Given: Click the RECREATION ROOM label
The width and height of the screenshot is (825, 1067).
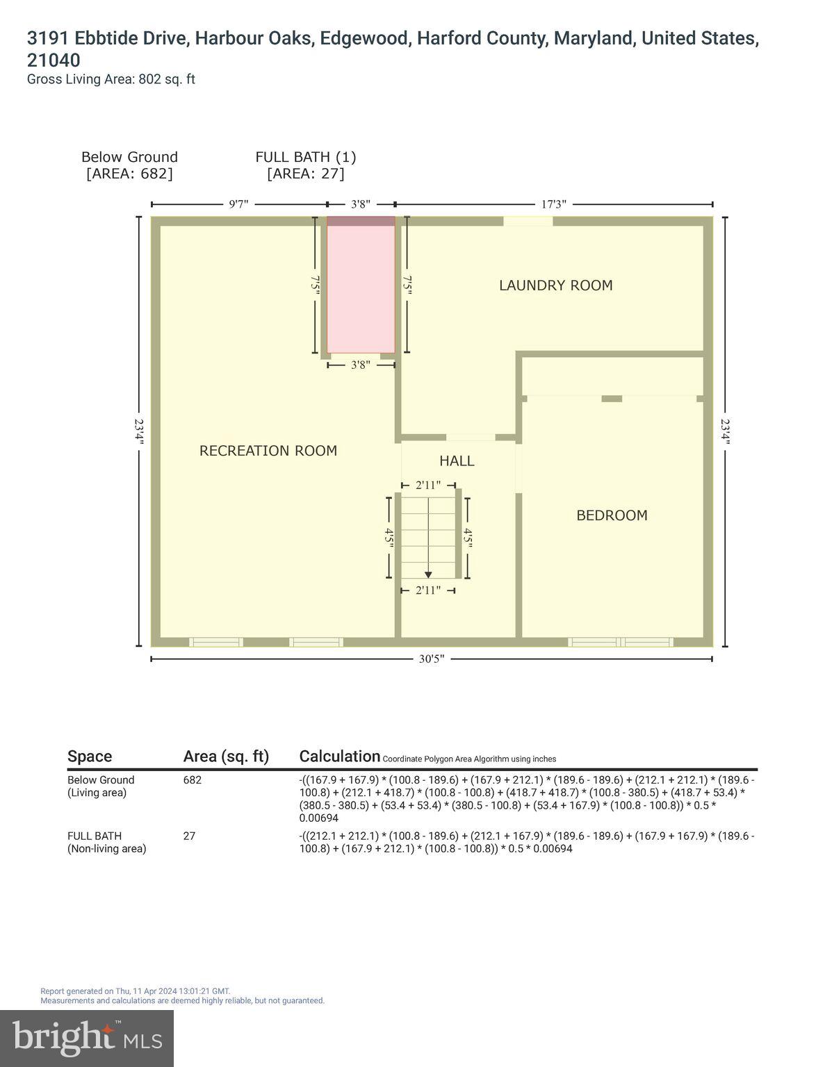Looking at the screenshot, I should pyautogui.click(x=268, y=451).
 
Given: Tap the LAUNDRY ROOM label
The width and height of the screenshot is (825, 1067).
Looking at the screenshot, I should pyautogui.click(x=555, y=286).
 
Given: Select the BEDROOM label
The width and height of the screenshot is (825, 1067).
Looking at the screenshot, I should pyautogui.click(x=612, y=515).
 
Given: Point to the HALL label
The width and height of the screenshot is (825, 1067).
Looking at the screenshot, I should pyautogui.click(x=457, y=461).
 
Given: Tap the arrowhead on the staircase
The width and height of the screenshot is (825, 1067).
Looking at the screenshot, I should pyautogui.click(x=428, y=574).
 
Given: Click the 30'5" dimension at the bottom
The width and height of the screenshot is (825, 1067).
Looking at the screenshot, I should pyautogui.click(x=431, y=659).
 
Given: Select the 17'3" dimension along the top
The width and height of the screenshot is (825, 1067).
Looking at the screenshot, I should pyautogui.click(x=553, y=204).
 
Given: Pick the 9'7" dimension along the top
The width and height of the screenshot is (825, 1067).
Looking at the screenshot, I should pyautogui.click(x=238, y=204).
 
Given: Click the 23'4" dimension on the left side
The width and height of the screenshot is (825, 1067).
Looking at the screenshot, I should pyautogui.click(x=139, y=431).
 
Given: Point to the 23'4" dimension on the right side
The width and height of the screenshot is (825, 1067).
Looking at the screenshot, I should pyautogui.click(x=726, y=431).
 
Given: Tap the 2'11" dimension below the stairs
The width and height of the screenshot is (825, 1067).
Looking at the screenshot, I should pyautogui.click(x=428, y=590).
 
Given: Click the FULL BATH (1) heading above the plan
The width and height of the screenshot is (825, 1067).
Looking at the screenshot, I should pyautogui.click(x=306, y=157).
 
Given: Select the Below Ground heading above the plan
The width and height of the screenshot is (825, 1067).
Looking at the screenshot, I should pyautogui.click(x=129, y=157).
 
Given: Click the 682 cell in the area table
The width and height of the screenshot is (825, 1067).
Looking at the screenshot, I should pyautogui.click(x=193, y=780).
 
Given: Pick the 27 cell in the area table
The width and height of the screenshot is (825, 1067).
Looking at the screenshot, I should pyautogui.click(x=189, y=836).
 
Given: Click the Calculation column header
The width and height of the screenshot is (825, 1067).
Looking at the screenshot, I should pyautogui.click(x=339, y=756).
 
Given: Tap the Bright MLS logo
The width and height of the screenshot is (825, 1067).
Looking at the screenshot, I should pyautogui.click(x=87, y=1039).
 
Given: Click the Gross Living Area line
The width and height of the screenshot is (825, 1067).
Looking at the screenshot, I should pyautogui.click(x=111, y=79).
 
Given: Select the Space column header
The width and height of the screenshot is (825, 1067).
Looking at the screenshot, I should pyautogui.click(x=90, y=756).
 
